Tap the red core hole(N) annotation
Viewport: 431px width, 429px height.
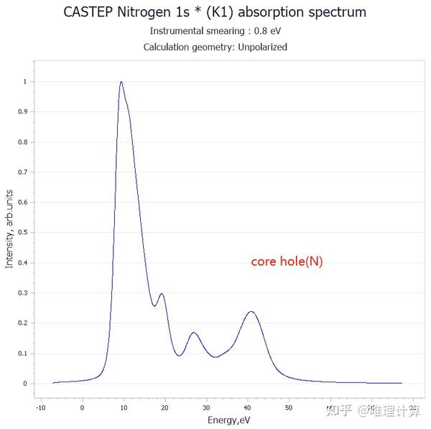287,262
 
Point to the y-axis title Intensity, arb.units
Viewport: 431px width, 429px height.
9,229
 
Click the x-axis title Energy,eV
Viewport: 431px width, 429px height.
229,419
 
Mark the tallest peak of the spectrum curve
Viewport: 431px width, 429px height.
121,82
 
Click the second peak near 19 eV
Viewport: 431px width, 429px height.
162,294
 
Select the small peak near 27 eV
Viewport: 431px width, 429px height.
193,333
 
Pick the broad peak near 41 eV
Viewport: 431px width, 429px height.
251,312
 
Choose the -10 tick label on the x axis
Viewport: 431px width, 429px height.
40,407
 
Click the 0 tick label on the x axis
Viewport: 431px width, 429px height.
82,407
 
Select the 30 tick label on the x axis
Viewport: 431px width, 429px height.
206,407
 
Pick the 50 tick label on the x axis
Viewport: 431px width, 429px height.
289,407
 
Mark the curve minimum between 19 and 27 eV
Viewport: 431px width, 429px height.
179,356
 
